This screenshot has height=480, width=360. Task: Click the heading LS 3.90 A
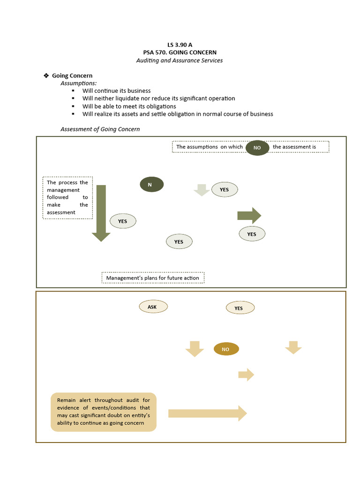pyautogui.click(x=180, y=45)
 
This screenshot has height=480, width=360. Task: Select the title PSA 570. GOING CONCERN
pyautogui.click(x=180, y=52)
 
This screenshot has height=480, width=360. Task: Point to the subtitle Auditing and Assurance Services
pyautogui.click(x=180, y=60)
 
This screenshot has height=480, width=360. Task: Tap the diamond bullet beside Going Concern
pyautogui.click(x=46, y=75)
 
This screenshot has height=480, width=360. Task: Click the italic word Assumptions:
pyautogui.click(x=79, y=83)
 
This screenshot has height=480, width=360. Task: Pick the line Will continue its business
pyautogui.click(x=116, y=91)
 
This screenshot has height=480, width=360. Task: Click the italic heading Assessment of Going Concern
pyautogui.click(x=100, y=129)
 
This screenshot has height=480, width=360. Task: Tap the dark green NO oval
pyautogui.click(x=257, y=148)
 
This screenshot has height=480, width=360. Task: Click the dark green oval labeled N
pyautogui.click(x=151, y=185)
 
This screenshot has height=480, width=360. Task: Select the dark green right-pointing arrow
pyautogui.click(x=249, y=216)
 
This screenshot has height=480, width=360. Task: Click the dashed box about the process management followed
pyautogui.click(x=67, y=197)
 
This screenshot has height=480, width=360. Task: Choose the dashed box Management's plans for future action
pyautogui.click(x=153, y=278)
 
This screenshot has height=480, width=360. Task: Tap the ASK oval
pyautogui.click(x=153, y=307)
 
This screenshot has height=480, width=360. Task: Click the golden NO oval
pyautogui.click(x=226, y=349)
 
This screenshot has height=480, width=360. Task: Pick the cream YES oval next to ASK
pyautogui.click(x=240, y=308)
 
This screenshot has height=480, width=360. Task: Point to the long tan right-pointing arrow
pyautogui.click(x=207, y=413)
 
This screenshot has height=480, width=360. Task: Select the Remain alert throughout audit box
pyautogui.click(x=104, y=412)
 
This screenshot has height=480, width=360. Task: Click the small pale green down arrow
pyautogui.click(x=202, y=190)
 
